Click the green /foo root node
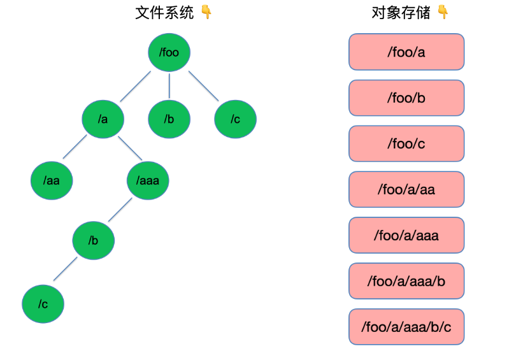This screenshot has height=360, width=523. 169,52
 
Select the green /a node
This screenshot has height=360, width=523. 103,119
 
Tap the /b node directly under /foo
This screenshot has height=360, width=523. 169,119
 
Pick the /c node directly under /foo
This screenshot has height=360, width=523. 235,119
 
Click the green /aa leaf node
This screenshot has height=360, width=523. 52,180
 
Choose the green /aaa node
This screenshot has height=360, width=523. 148,180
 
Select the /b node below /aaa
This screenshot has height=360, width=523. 94,240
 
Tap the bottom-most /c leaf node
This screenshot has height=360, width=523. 43,304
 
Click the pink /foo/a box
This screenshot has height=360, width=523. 406,52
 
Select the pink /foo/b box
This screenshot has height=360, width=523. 406,98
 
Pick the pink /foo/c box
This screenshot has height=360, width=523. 406,144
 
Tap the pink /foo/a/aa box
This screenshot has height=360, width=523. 406,190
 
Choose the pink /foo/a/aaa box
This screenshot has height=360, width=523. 406,236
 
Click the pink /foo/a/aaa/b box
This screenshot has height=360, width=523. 406,282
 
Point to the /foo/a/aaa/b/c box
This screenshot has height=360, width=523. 406,328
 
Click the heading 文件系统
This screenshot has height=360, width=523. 164,13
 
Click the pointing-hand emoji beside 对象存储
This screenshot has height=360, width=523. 443,13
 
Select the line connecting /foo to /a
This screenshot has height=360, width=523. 136,86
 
